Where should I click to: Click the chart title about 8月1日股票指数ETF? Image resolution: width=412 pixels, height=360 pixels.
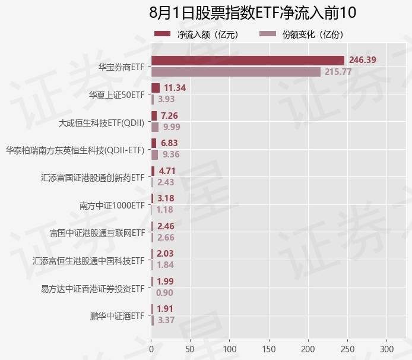[252, 13]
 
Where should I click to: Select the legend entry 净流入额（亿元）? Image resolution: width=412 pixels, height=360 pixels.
[197, 34]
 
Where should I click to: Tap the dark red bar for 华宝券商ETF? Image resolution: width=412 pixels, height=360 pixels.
[248, 60]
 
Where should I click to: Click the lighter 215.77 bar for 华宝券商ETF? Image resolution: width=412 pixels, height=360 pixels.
[236, 72]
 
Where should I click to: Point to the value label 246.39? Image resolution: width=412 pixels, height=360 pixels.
[362, 60]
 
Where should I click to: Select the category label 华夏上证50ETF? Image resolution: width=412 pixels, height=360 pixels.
[116, 94]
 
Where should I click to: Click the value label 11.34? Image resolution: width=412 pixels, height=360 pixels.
[175, 88]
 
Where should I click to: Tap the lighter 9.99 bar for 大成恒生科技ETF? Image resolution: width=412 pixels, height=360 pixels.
[155, 127]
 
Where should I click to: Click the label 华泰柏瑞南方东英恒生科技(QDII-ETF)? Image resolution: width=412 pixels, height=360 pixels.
[75, 150]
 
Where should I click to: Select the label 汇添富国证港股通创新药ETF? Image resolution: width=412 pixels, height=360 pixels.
[93, 178]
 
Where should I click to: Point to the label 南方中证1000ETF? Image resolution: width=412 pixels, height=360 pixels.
[112, 206]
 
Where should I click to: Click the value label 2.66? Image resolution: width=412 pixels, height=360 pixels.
[166, 238]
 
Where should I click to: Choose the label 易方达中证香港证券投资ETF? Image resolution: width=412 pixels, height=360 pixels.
[93, 289]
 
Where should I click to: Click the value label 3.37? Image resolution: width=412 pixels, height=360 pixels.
[166, 321]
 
